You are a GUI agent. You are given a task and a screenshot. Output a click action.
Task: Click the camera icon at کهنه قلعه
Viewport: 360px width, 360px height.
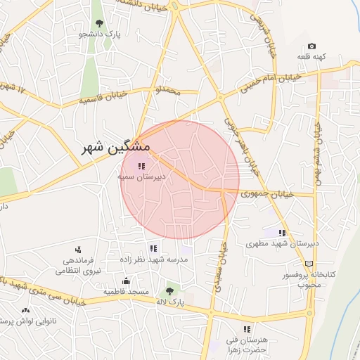311,46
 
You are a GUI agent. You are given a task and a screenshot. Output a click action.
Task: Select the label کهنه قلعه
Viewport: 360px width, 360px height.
312,56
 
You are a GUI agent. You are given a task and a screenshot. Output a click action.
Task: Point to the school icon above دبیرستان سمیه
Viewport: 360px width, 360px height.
141,167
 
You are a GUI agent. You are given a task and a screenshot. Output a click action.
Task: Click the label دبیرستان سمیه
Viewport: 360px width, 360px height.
141,177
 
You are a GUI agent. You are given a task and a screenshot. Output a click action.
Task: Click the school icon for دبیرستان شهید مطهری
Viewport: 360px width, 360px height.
282,233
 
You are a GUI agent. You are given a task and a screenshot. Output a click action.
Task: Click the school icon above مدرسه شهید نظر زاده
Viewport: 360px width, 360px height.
153,248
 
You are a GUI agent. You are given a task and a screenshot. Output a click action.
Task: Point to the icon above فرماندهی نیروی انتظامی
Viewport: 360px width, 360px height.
78,249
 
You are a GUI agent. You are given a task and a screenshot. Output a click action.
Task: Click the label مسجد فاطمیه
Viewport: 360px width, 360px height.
127,291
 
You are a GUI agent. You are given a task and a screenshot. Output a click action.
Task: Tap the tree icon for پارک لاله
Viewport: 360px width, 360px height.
169,290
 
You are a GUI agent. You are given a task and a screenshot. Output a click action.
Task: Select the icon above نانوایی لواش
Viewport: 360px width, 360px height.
26,310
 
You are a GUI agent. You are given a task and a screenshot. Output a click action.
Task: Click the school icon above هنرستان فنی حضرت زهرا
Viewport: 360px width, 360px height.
247,329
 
